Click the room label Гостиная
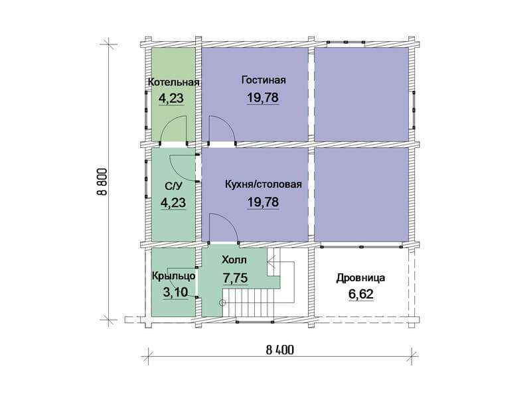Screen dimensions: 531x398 point(264,80)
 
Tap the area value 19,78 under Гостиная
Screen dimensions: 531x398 point(263,98)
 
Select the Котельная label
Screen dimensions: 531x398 point(173,82)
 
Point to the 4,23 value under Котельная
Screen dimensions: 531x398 point(171,98)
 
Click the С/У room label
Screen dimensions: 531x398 point(173,186)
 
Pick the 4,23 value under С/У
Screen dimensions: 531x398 point(173,203)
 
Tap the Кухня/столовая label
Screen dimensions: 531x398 point(263,184)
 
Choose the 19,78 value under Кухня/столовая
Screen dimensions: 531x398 point(263,202)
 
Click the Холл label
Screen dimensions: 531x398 point(234,260)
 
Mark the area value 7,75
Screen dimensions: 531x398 point(235,278)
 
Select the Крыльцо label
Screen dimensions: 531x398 point(174,276)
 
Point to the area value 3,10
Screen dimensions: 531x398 point(175,292)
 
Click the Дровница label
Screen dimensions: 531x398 point(360,278)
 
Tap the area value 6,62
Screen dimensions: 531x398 point(361,294)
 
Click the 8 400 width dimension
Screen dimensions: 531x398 point(279,350)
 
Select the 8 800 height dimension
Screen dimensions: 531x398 point(102,182)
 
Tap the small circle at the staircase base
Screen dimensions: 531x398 point(222,303)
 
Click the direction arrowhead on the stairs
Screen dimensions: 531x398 point(270,261)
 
